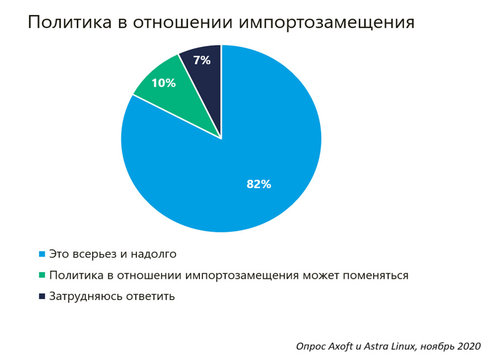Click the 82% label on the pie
click(x=259, y=184)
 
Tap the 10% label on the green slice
click(x=163, y=83)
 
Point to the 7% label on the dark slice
click(x=202, y=61)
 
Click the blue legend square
click(x=41, y=254)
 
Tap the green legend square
click(x=41, y=275)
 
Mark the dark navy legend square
click(x=41, y=296)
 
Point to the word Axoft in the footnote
click(x=339, y=346)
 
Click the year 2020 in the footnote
click(x=467, y=346)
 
